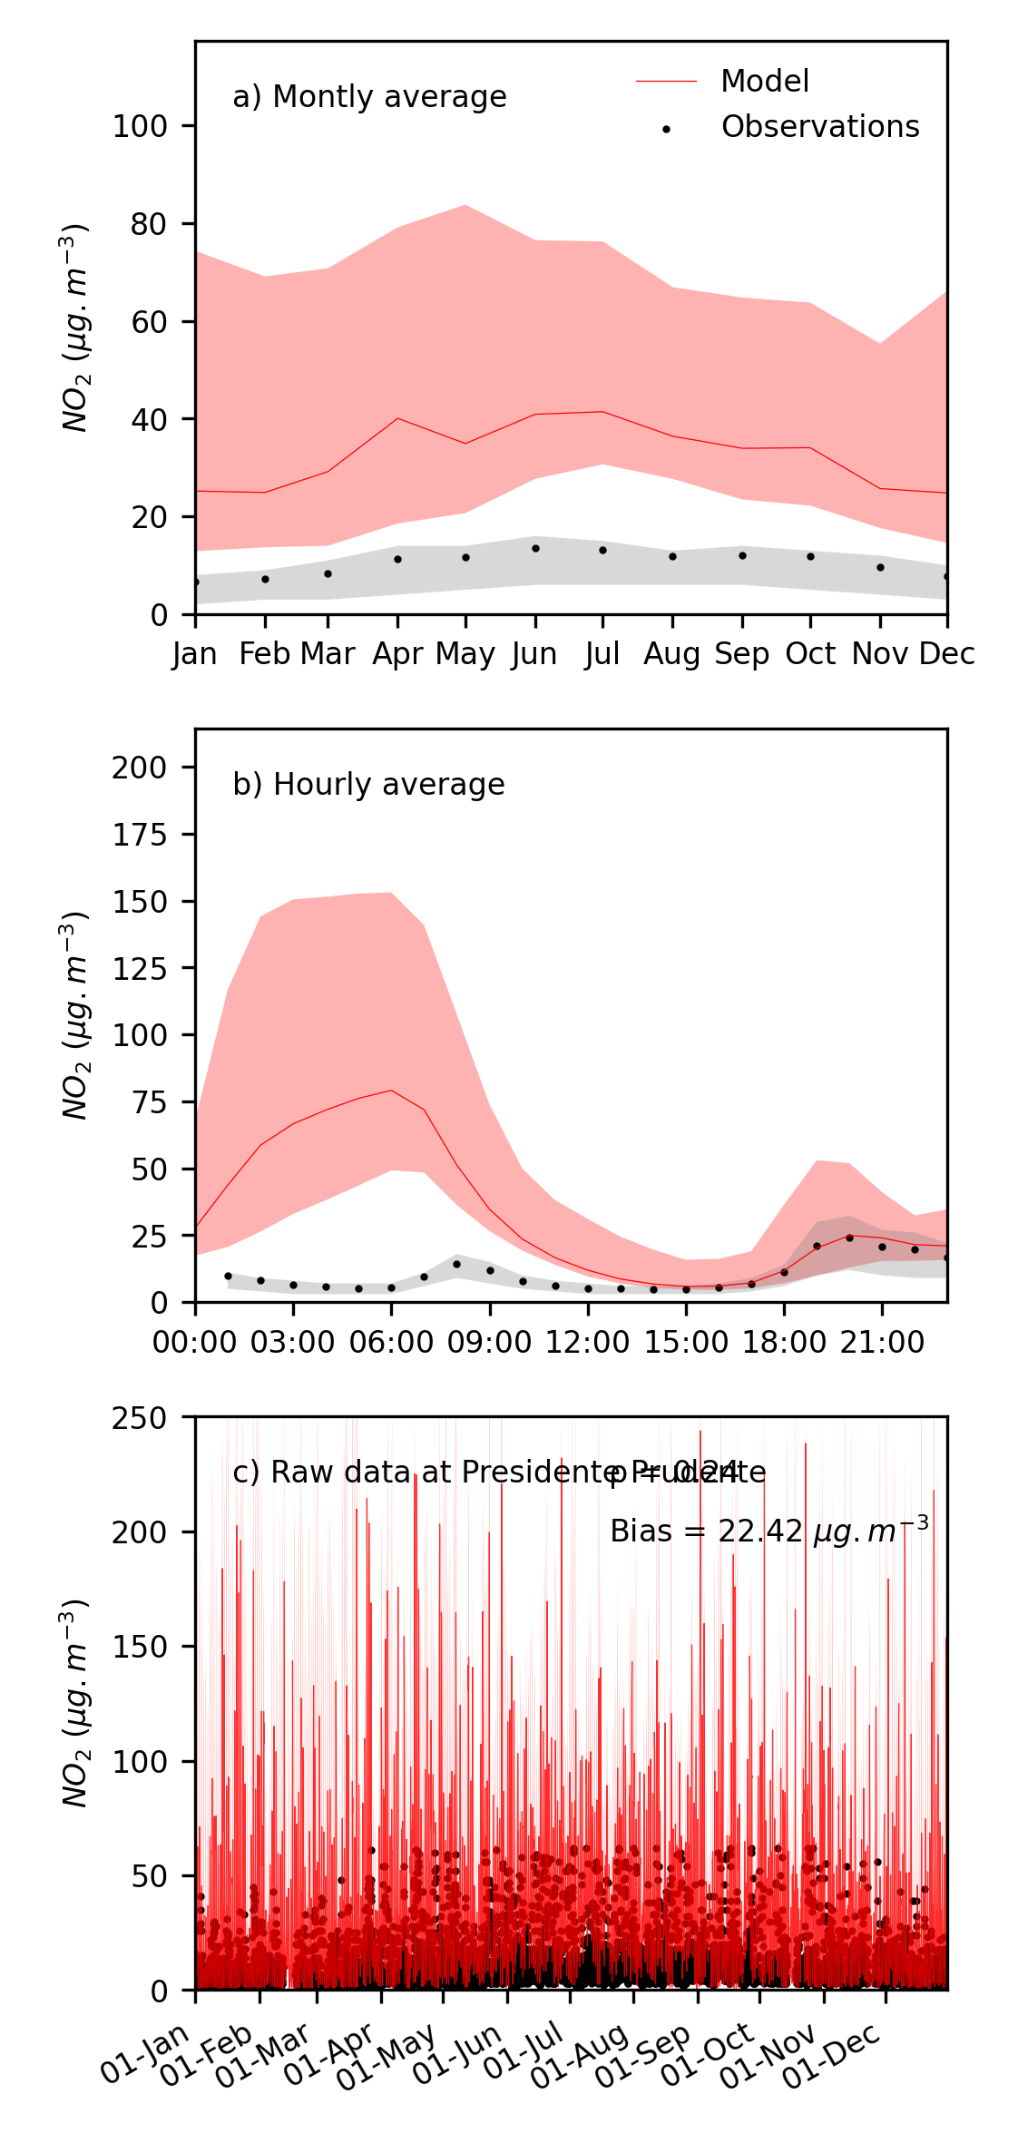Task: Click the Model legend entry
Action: click(764, 82)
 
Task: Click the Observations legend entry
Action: click(819, 127)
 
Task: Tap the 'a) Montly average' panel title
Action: click(369, 97)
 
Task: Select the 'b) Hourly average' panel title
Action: click(368, 785)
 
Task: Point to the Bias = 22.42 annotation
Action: click(768, 1531)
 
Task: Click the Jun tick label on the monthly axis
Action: click(534, 654)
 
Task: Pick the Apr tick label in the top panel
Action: click(397, 654)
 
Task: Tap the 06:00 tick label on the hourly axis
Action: click(391, 1343)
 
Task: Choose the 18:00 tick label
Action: click(784, 1343)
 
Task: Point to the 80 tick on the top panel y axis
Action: click(149, 224)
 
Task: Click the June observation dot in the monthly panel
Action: click(535, 548)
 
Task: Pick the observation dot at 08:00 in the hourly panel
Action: click(456, 1264)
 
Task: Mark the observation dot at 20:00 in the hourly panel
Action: click(849, 1238)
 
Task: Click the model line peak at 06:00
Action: click(391, 1091)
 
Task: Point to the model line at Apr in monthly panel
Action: click(397, 418)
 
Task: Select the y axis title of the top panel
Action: click(75, 328)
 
